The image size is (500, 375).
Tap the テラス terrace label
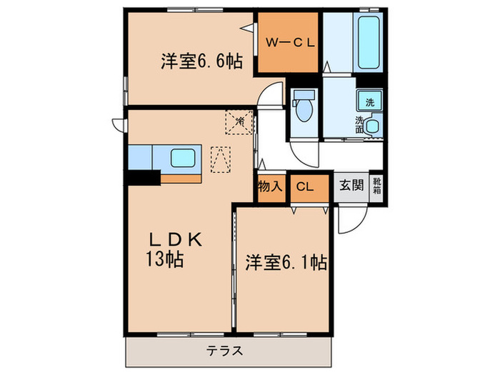226,351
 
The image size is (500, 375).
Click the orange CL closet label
305,186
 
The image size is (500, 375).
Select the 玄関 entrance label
351,186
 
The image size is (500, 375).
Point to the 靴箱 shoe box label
377,186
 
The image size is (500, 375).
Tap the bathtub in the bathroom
370,40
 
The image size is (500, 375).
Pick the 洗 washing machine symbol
370,101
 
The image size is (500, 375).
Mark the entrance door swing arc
350,220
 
